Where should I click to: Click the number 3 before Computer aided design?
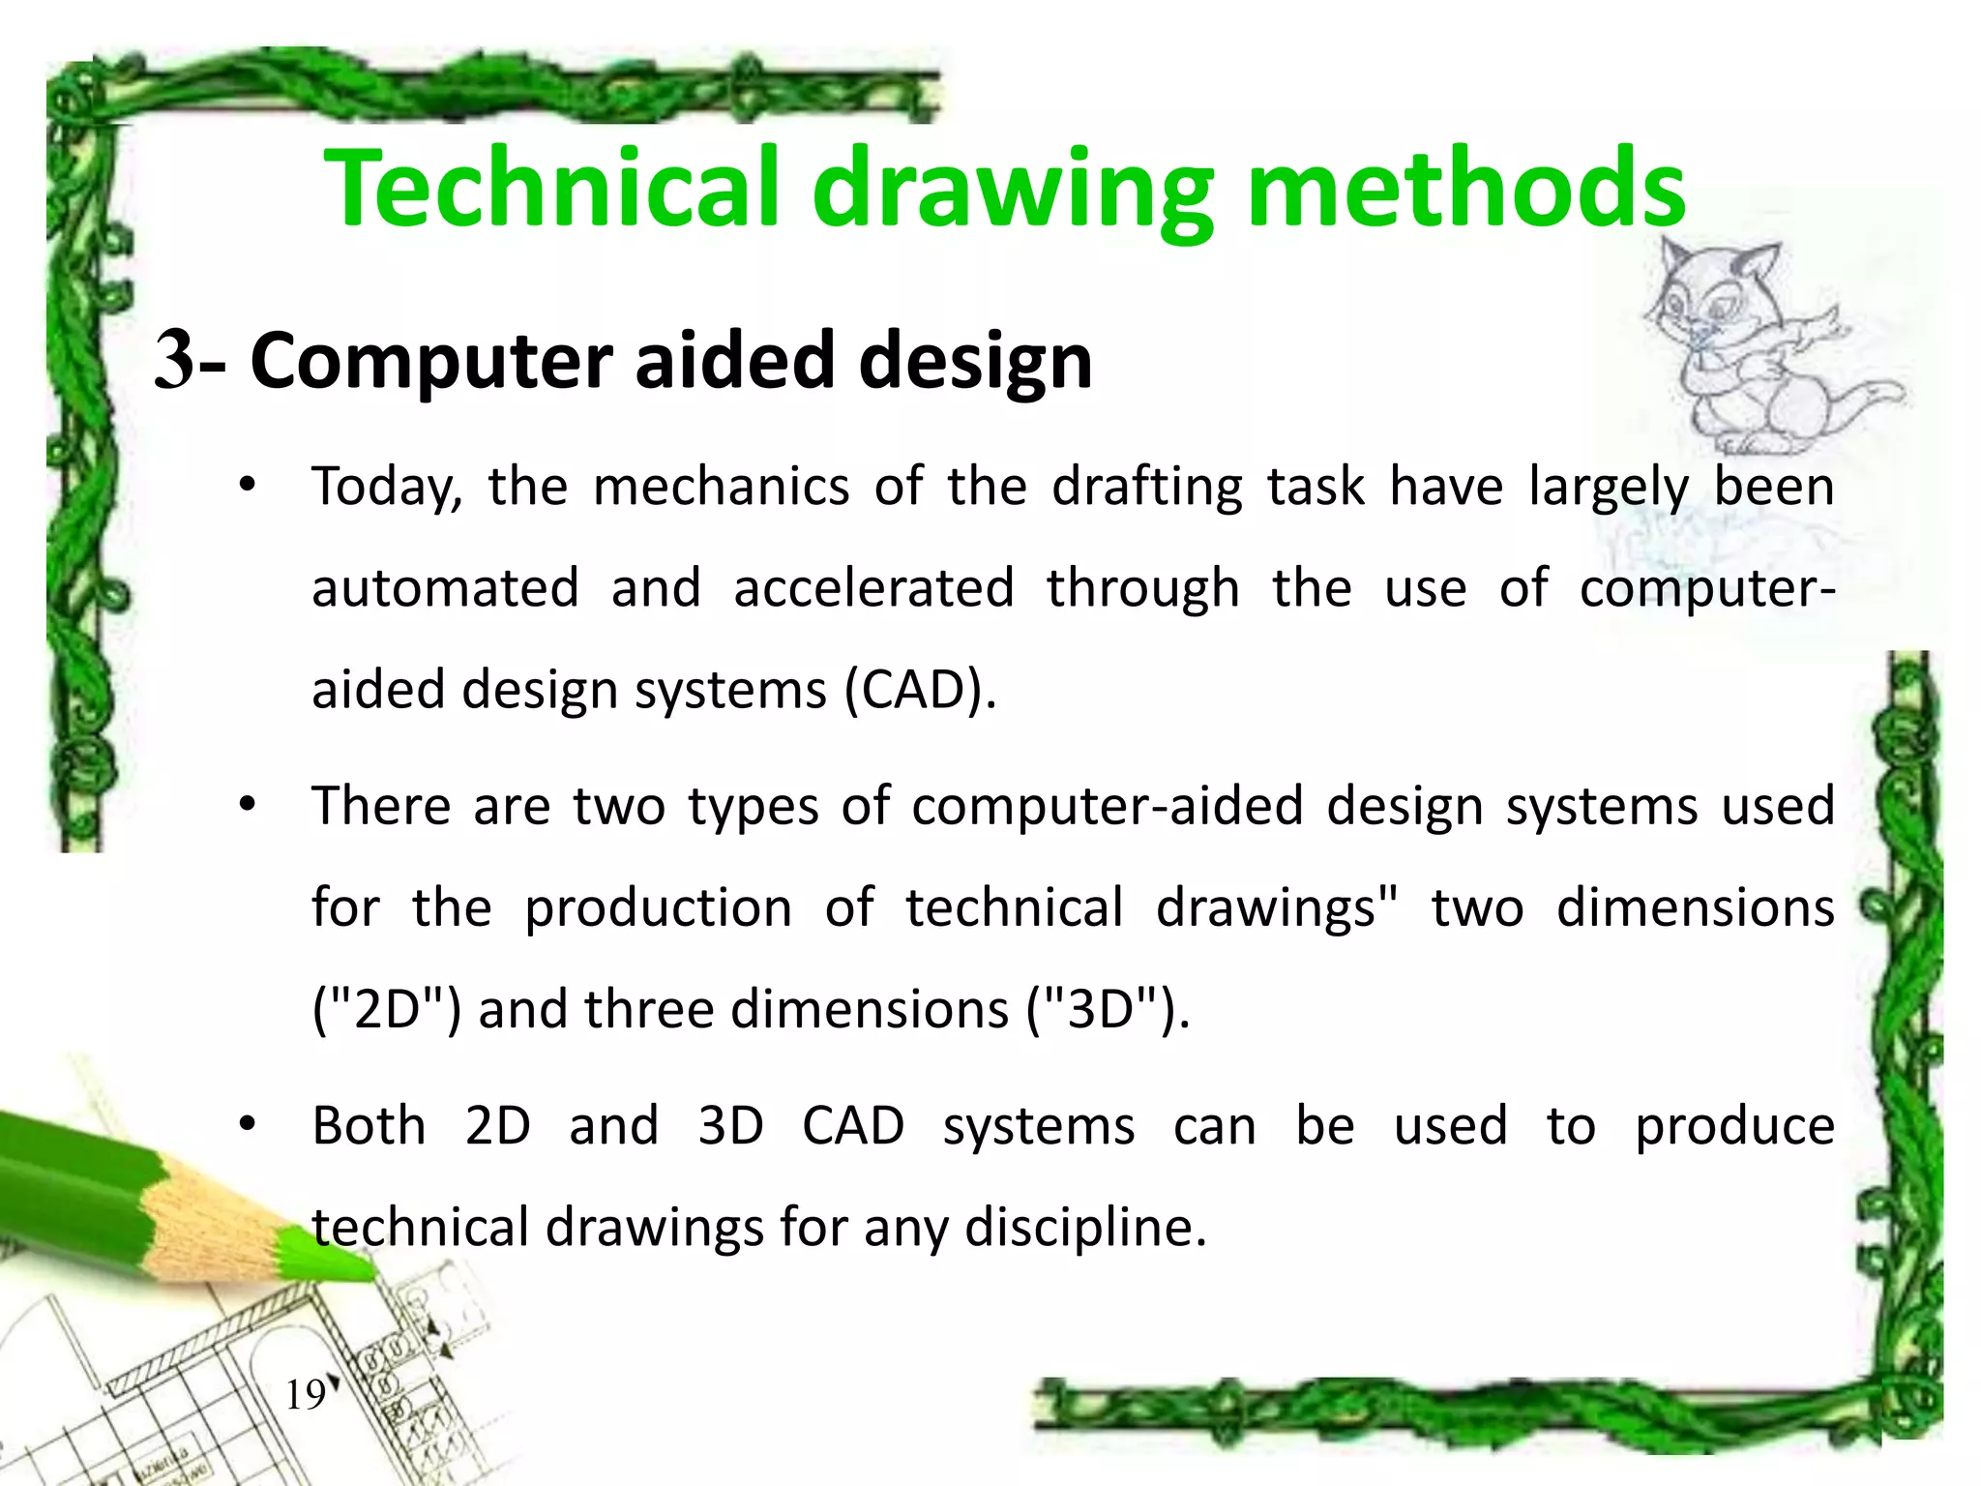coord(175,360)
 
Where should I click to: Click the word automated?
coord(445,588)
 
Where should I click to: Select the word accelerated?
coord(873,588)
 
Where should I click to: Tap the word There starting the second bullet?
coord(380,806)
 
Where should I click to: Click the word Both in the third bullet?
coord(369,1126)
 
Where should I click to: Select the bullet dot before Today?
coord(248,486)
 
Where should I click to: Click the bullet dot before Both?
coord(248,1125)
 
